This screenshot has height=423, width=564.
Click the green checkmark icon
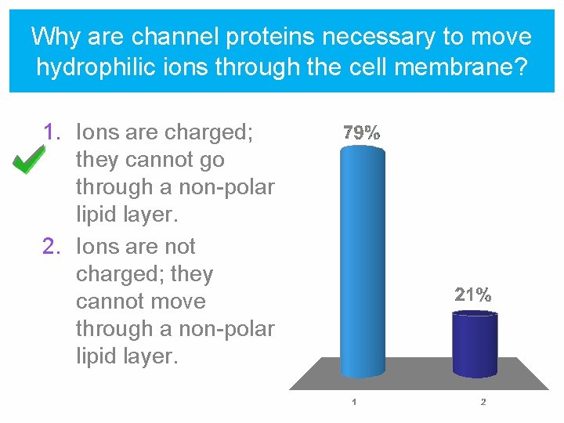coord(29,161)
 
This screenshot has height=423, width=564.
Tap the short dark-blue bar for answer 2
coord(475,344)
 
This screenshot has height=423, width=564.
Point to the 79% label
coord(362,133)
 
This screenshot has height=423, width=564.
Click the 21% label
coord(474,295)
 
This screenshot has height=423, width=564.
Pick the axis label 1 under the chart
coord(354,403)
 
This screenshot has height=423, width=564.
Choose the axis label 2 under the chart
coord(483,403)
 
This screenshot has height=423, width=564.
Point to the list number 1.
coord(51,132)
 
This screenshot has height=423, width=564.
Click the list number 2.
coord(51,247)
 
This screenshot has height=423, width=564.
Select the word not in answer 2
coord(179,247)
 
